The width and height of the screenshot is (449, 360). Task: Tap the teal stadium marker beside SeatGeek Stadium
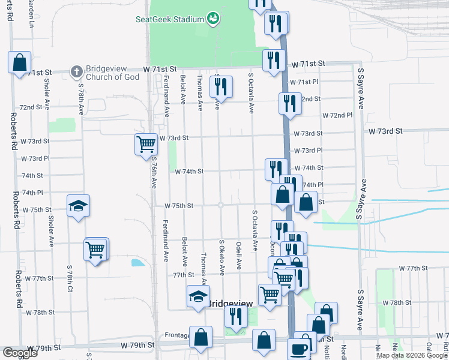pyautogui.click(x=212, y=19)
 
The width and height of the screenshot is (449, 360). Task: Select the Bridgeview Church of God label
pyautogui.click(x=113, y=73)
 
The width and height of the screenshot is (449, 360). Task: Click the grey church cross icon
pyautogui.click(x=76, y=72)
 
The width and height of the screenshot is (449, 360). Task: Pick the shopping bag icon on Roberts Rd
pyautogui.click(x=19, y=62)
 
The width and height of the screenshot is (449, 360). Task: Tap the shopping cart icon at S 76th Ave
pyautogui.click(x=146, y=144)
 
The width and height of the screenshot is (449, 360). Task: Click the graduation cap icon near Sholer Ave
pyautogui.click(x=78, y=206)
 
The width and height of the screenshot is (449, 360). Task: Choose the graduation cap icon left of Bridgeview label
pyautogui.click(x=198, y=296)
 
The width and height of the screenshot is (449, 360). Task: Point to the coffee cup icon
pyautogui.click(x=298, y=349)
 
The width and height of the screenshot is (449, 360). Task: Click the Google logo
pyautogui.click(x=20, y=353)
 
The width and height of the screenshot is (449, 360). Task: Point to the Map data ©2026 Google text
pyautogui.click(x=412, y=355)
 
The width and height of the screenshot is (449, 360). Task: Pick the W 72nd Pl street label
pyautogui.click(x=337, y=115)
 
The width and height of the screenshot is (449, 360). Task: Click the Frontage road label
pyautogui.click(x=177, y=335)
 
